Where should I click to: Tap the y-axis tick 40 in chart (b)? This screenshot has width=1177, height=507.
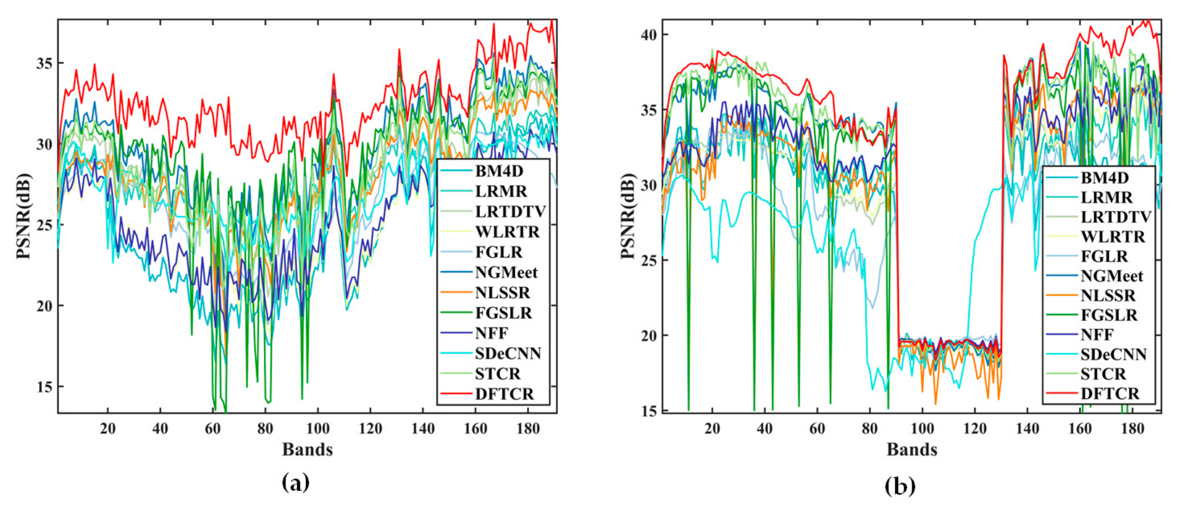[649, 35]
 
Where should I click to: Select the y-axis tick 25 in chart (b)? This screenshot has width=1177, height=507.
[649, 260]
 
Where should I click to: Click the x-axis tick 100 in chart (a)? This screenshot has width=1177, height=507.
[318, 429]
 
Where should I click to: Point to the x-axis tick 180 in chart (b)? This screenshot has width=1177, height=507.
[1133, 429]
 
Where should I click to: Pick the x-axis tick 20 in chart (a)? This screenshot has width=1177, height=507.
[108, 429]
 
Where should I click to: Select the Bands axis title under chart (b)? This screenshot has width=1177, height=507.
[912, 449]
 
